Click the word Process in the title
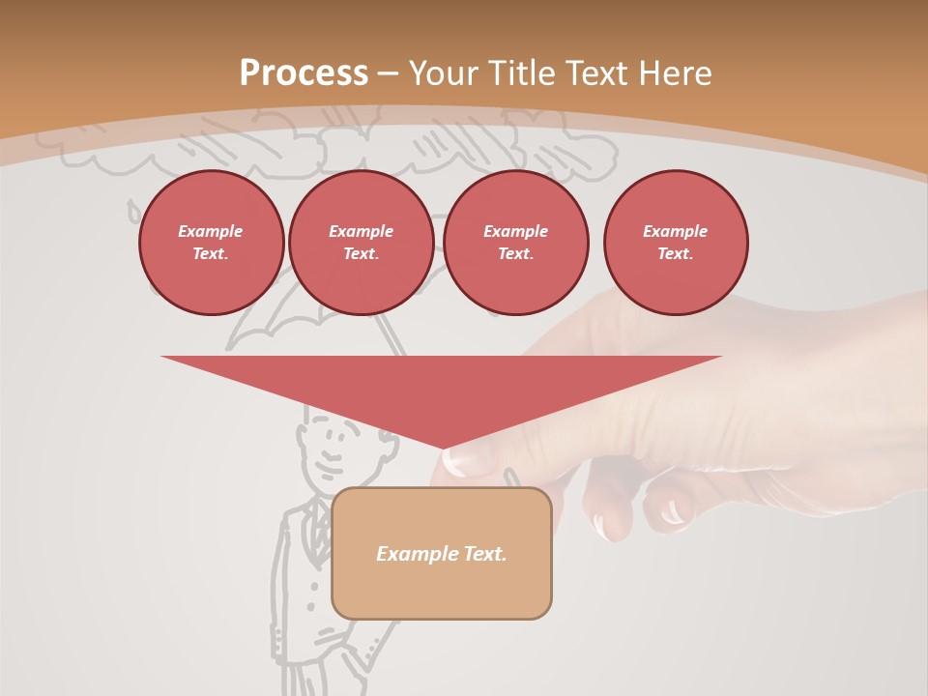(304, 73)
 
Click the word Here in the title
(676, 73)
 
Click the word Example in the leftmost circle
(210, 231)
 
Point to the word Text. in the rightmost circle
(675, 253)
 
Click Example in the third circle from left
(515, 231)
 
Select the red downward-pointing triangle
(442, 387)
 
